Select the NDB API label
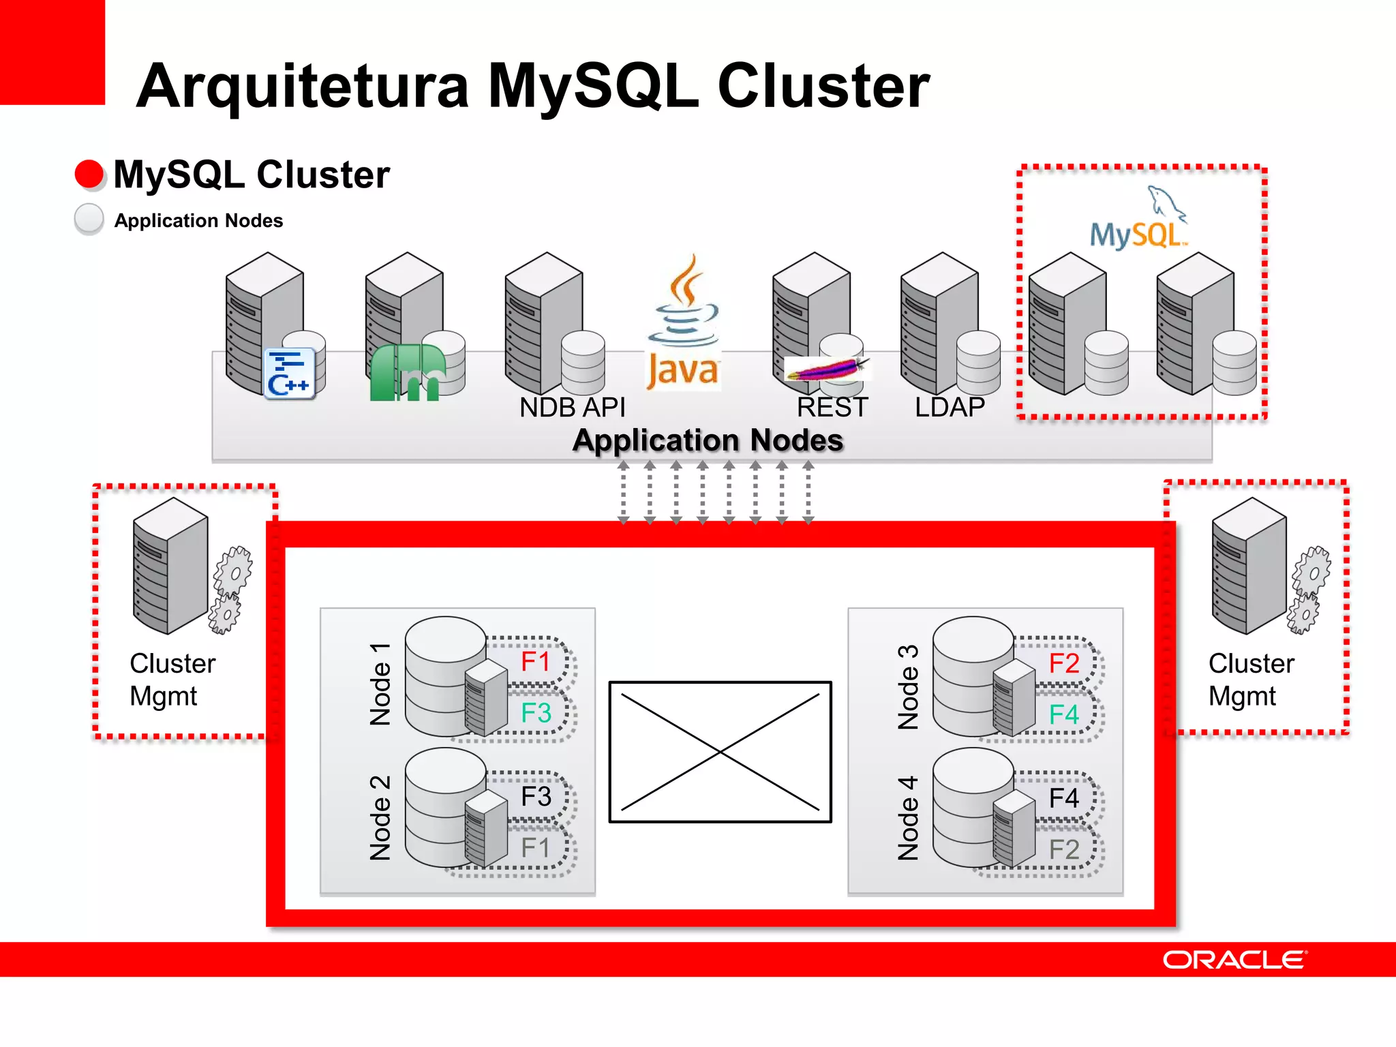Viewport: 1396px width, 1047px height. click(572, 408)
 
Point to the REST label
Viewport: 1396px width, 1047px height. click(832, 408)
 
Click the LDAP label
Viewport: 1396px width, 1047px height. click(950, 408)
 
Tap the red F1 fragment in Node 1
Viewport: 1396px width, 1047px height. click(536, 661)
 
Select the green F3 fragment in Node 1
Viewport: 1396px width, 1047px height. click(536, 713)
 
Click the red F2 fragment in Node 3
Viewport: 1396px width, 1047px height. click(1063, 663)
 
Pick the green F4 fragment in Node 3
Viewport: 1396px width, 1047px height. click(1063, 714)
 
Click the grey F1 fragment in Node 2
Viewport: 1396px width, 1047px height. click(536, 848)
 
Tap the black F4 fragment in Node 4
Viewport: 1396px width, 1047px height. click(1063, 798)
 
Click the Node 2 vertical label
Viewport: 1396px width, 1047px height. click(380, 817)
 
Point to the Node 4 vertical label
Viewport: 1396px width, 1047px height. click(908, 817)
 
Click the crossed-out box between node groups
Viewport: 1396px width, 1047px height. click(720, 752)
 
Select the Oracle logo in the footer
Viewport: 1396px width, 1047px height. click(1234, 960)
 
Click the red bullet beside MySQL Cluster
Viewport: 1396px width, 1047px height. click(89, 174)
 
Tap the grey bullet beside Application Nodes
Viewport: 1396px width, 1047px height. click(89, 219)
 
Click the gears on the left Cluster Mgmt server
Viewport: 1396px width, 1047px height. click(230, 590)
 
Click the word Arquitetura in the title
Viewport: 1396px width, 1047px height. click(303, 86)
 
